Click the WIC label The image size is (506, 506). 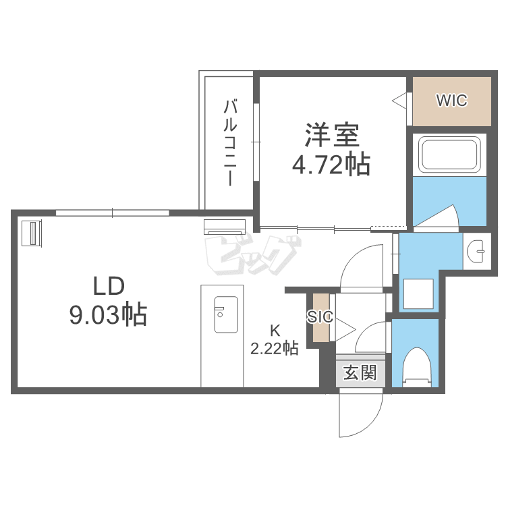pyautogui.click(x=451, y=101)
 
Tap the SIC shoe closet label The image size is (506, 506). pyautogui.click(x=320, y=316)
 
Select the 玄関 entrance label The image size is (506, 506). pyautogui.click(x=360, y=373)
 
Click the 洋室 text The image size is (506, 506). pyautogui.click(x=332, y=135)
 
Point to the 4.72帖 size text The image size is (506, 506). pyautogui.click(x=331, y=165)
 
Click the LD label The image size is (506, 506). pyautogui.click(x=109, y=286)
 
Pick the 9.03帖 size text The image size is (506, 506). pyautogui.click(x=109, y=314)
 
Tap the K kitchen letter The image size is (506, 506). pyautogui.click(x=275, y=331)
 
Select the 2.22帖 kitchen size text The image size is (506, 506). pyautogui.click(x=275, y=349)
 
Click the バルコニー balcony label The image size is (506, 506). pyautogui.click(x=231, y=143)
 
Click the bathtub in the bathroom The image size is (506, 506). pyautogui.click(x=449, y=154)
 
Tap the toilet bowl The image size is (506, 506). pyautogui.click(x=417, y=368)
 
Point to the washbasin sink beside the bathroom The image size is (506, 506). pyautogui.click(x=476, y=251)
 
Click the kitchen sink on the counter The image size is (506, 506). pyautogui.click(x=226, y=314)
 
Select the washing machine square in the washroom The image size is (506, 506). pyautogui.click(x=418, y=294)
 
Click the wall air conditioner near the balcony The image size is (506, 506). pyautogui.click(x=225, y=227)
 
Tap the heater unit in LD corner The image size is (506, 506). pyautogui.click(x=32, y=233)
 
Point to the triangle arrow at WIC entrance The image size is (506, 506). pyautogui.click(x=399, y=101)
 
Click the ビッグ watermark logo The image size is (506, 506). pyautogui.click(x=253, y=255)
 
